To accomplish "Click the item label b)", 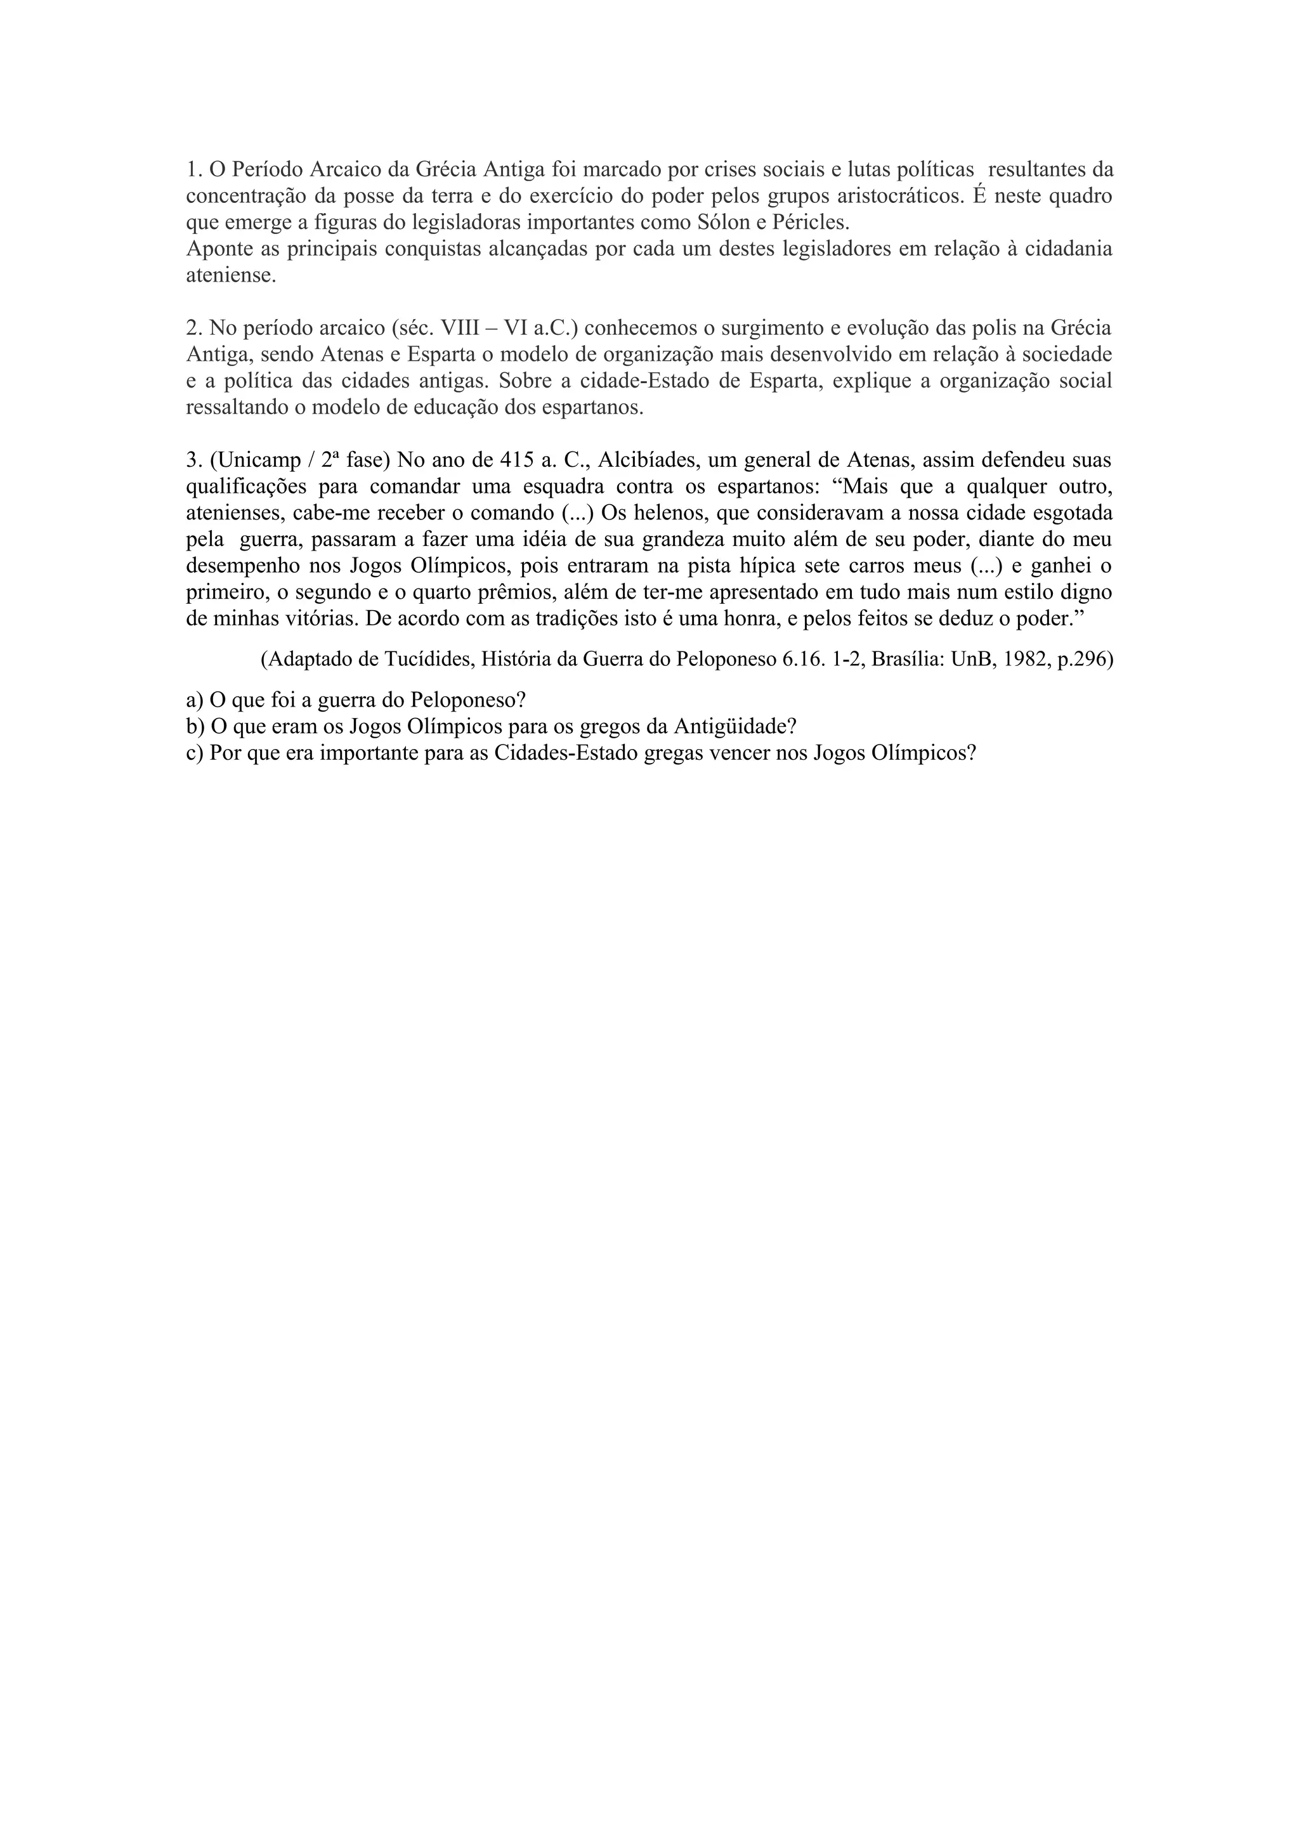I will [195, 727].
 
